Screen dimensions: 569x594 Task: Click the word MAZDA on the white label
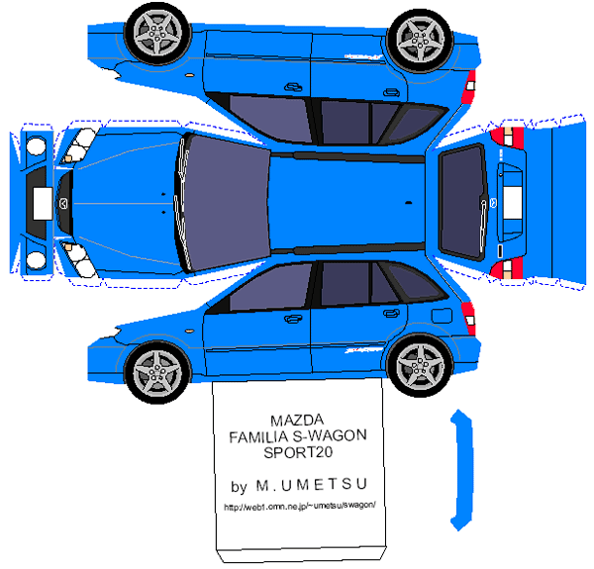(299, 420)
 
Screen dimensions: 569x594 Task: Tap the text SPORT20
(299, 453)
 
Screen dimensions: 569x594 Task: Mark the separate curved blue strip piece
(457, 465)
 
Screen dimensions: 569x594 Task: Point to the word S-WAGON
(333, 436)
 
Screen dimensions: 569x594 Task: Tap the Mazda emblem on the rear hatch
(491, 204)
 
